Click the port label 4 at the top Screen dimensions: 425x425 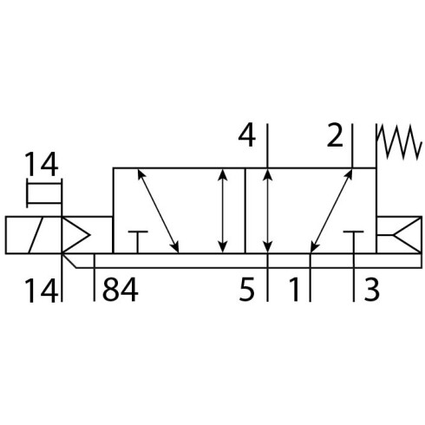[247, 135]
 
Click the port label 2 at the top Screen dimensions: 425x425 [335, 135]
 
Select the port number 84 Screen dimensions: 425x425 [121, 290]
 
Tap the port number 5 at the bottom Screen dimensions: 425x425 [246, 290]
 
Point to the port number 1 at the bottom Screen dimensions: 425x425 [294, 290]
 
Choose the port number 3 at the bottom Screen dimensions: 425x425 [371, 290]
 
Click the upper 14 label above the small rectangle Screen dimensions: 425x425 [42, 164]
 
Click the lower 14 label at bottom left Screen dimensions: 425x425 [42, 291]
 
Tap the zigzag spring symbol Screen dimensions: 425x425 [399, 142]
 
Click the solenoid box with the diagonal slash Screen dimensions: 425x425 [33, 235]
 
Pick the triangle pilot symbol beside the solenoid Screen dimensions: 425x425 [75, 235]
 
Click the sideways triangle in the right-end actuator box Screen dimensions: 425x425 [407, 235]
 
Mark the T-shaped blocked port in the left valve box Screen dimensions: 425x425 [138, 242]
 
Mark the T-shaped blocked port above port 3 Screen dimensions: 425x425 [353, 242]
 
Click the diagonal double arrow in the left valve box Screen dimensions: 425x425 [158, 211]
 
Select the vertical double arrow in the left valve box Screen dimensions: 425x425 [222, 211]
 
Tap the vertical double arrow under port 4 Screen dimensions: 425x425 [268, 211]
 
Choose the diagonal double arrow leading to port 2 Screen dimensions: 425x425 [331, 211]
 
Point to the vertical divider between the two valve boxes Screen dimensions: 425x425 [245, 211]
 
